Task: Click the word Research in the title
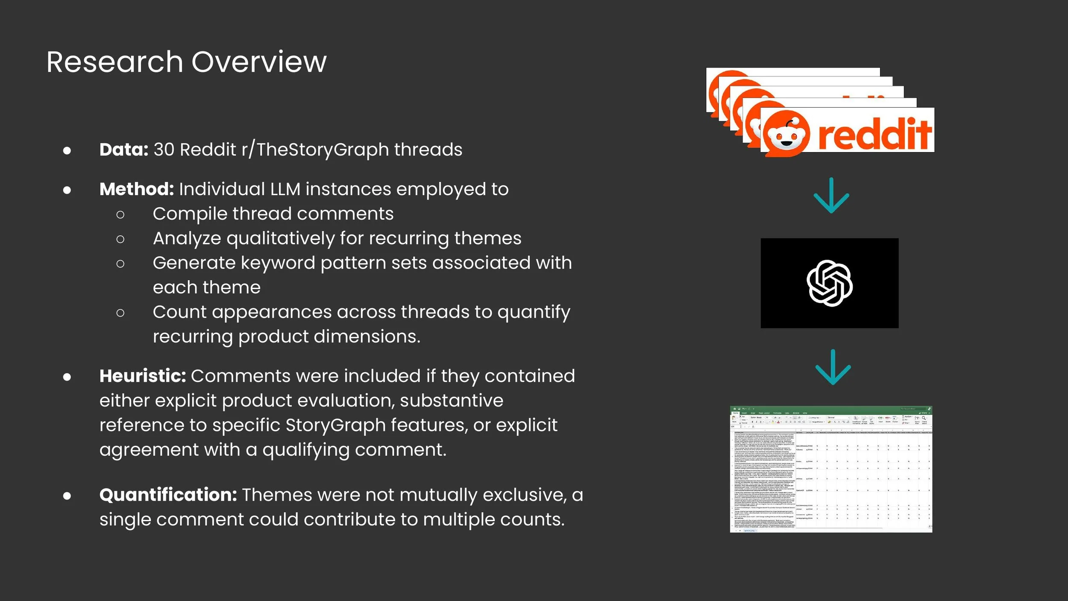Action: tap(114, 62)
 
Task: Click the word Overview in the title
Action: tap(259, 62)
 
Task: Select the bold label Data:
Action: tap(123, 150)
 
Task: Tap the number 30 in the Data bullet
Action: tap(164, 150)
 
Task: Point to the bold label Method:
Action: tap(136, 189)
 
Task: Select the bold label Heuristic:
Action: tap(143, 376)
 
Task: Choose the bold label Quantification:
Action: tap(168, 495)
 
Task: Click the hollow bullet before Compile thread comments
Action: tap(120, 214)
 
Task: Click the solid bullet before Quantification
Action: tap(67, 495)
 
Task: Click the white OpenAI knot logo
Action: tap(829, 283)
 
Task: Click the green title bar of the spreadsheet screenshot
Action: tap(831, 409)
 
